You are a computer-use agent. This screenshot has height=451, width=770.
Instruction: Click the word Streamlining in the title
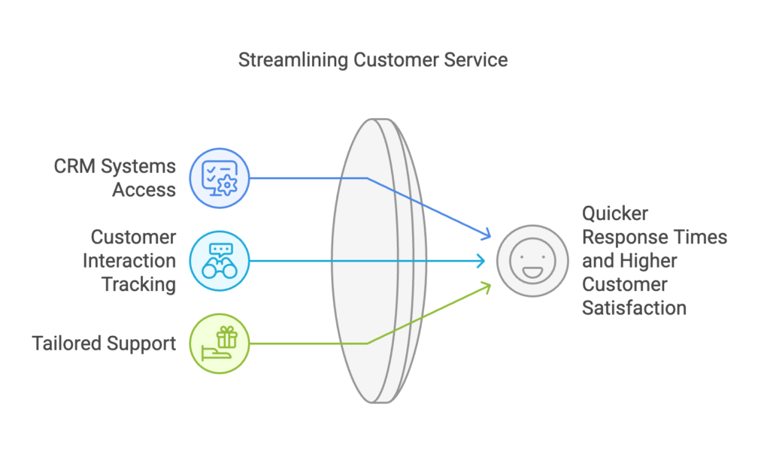(x=294, y=60)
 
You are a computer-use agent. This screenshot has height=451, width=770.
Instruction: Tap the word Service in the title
(x=476, y=60)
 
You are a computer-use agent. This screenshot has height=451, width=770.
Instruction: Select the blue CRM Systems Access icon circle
(x=220, y=178)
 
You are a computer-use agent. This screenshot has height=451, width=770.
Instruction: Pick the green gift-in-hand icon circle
(x=220, y=344)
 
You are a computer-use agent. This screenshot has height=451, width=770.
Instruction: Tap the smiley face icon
(x=533, y=261)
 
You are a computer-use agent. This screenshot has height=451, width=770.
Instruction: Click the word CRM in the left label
(x=74, y=166)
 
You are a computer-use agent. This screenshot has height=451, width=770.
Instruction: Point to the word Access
(x=144, y=190)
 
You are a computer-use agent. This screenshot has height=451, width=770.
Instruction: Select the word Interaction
(x=129, y=261)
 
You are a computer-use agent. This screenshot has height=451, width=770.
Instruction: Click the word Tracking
(x=138, y=285)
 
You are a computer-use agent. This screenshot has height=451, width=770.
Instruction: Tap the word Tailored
(x=67, y=344)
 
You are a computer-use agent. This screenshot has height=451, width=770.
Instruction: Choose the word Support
(x=141, y=344)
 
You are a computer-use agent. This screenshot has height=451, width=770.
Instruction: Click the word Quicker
(x=615, y=214)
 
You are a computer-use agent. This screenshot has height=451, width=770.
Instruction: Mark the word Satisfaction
(x=635, y=308)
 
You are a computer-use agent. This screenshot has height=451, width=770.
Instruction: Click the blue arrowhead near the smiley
(x=487, y=234)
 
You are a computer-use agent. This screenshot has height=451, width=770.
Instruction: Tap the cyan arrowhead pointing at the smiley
(x=481, y=261)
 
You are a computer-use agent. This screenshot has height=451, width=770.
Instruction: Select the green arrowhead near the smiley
(x=487, y=287)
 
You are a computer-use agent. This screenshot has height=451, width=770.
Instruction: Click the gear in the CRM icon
(x=227, y=185)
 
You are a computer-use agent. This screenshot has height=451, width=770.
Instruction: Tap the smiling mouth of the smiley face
(x=533, y=272)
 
